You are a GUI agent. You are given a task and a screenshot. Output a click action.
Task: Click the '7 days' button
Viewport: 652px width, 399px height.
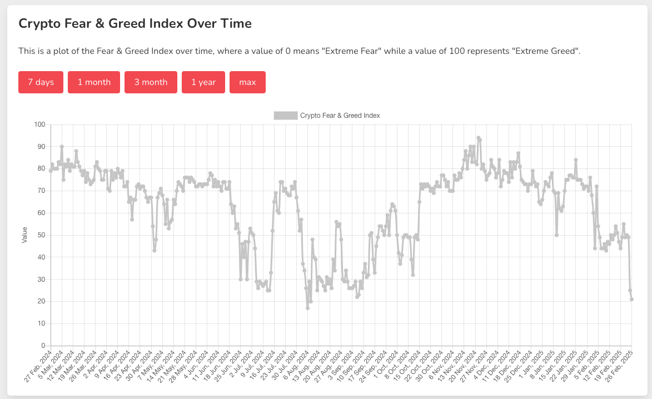(41, 82)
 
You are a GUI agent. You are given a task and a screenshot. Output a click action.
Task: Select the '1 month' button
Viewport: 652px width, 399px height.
(94, 82)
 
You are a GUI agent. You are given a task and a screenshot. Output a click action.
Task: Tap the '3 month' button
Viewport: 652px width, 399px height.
(151, 82)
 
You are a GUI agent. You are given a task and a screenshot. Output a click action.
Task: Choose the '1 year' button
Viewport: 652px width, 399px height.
(203, 82)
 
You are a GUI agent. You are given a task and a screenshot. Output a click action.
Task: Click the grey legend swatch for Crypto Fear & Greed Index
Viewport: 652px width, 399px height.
(286, 116)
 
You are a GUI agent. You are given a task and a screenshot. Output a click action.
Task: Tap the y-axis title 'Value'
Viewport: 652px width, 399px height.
(24, 235)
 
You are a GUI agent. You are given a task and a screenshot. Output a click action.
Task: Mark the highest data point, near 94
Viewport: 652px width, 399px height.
(478, 138)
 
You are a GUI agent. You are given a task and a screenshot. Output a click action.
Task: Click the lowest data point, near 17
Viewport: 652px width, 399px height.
(307, 308)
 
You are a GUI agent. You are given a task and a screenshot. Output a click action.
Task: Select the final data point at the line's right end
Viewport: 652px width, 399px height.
(632, 300)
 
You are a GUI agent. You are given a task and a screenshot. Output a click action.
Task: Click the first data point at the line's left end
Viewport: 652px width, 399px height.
(51, 171)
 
